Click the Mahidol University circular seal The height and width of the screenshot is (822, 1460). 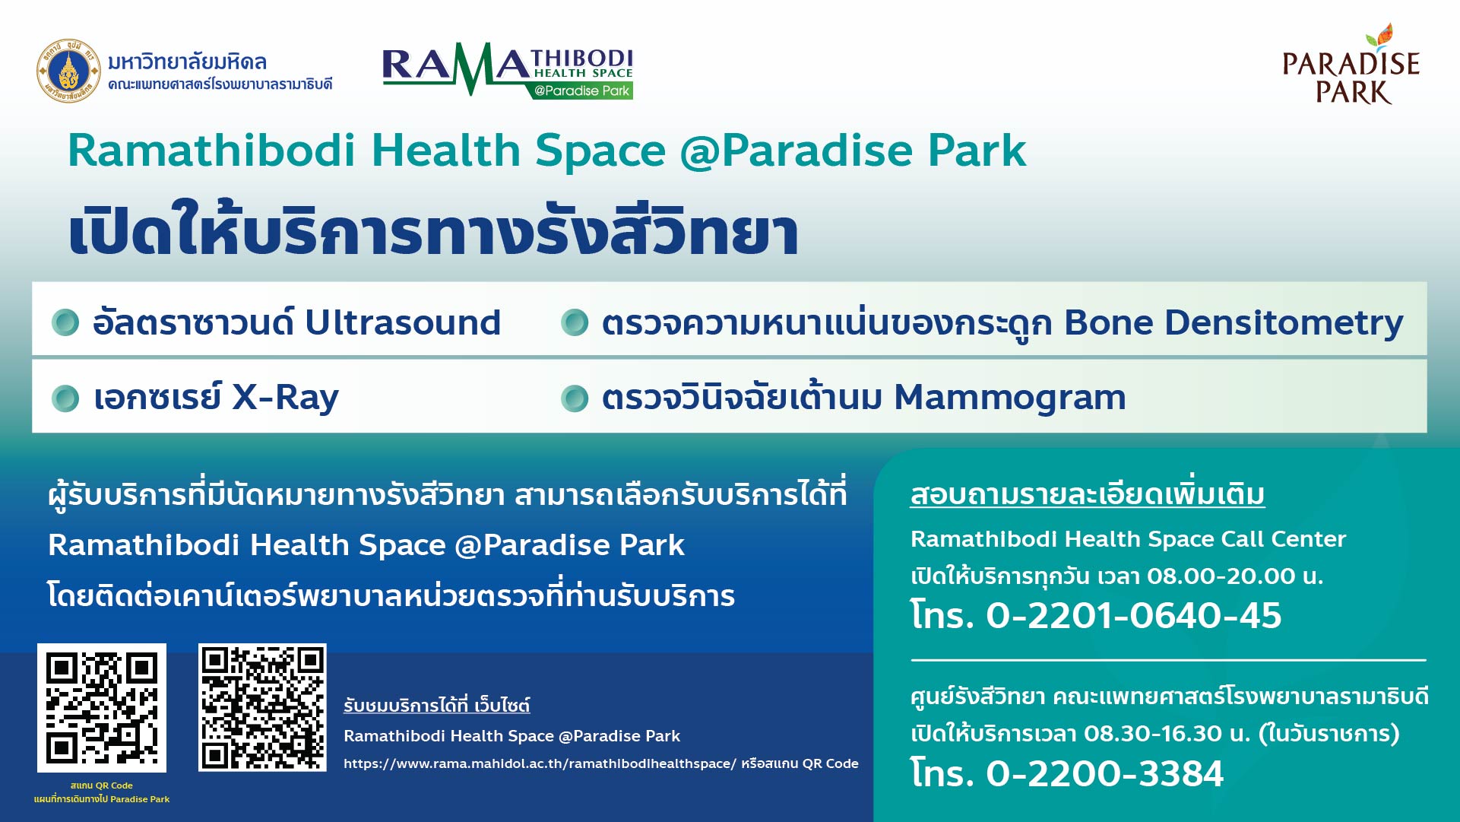[x=68, y=71]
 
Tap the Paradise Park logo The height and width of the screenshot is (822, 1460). [x=1351, y=66]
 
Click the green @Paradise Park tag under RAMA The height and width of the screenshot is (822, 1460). [x=582, y=90]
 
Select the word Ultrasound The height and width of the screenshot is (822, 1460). [x=403, y=322]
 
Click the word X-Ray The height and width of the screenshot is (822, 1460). [x=285, y=397]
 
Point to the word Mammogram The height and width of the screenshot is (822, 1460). [x=1010, y=397]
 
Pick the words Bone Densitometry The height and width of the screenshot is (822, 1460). [x=1233, y=322]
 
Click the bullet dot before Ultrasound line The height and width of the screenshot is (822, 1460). [x=65, y=322]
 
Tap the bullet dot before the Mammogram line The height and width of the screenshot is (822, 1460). [x=575, y=398]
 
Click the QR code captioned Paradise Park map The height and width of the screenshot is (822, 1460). [x=102, y=708]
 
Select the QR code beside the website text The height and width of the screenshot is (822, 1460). [x=262, y=708]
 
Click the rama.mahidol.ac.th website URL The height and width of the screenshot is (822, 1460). [x=540, y=763]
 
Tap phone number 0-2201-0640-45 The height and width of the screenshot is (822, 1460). [x=1133, y=615]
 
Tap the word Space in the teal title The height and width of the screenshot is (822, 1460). [x=600, y=151]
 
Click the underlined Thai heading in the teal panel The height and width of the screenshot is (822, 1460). [x=1087, y=494]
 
